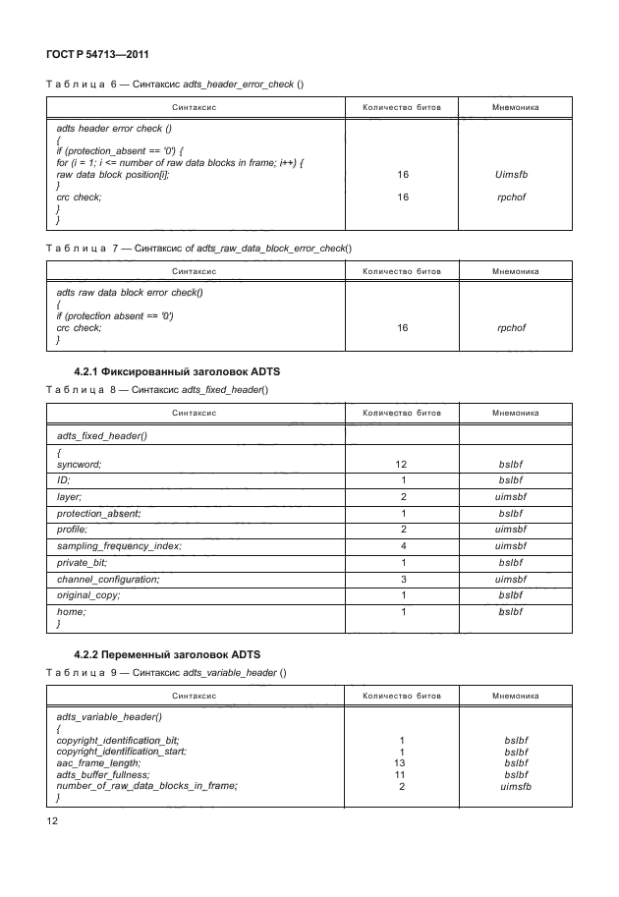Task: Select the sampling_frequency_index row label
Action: click(119, 545)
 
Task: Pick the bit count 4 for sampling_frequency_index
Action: click(403, 545)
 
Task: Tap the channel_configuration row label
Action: click(106, 580)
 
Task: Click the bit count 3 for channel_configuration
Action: click(403, 580)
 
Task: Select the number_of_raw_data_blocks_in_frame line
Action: click(147, 786)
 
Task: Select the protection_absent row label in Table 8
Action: click(99, 513)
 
